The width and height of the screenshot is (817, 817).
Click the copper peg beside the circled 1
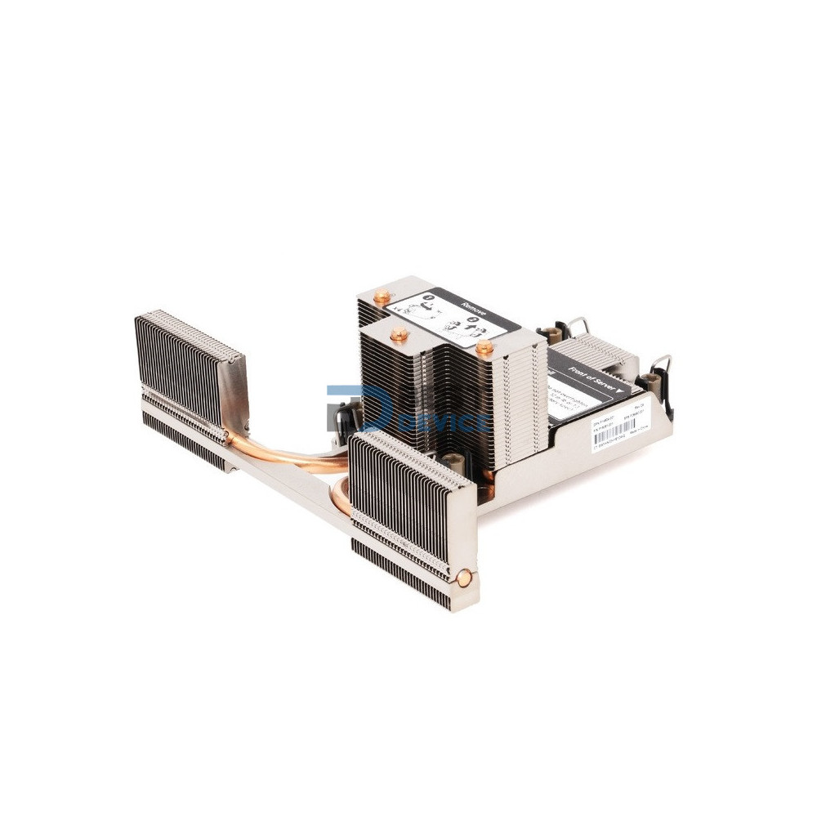[382, 297]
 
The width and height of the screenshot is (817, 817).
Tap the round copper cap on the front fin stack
[464, 578]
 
